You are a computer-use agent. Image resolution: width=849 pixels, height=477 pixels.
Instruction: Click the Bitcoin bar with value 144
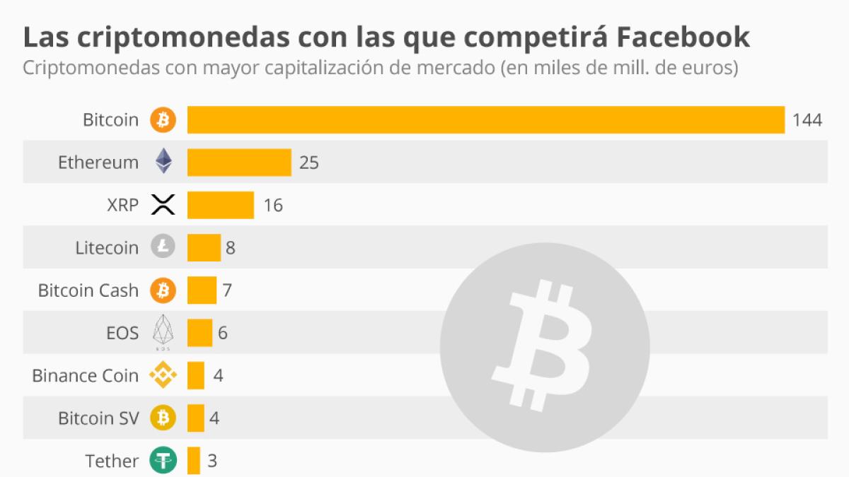click(x=485, y=119)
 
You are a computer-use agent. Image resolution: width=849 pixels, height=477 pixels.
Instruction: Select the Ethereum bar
click(x=239, y=163)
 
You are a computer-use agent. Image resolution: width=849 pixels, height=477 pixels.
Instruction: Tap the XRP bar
click(x=220, y=205)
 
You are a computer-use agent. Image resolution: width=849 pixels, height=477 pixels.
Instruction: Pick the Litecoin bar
click(x=204, y=247)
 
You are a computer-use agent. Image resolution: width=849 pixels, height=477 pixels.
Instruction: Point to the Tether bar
click(x=194, y=461)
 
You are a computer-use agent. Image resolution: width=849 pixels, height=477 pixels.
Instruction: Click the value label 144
click(x=807, y=120)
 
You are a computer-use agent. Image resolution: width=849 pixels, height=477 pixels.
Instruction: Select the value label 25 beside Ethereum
click(x=309, y=163)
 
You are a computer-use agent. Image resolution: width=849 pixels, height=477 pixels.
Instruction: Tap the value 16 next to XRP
click(x=272, y=206)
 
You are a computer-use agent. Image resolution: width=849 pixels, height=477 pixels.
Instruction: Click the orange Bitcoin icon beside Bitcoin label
click(x=163, y=120)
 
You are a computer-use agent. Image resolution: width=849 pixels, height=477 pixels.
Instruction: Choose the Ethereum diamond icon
click(x=163, y=162)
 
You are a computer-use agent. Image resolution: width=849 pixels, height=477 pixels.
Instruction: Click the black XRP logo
click(x=163, y=205)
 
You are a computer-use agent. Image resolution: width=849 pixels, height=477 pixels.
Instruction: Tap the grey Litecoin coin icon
click(x=163, y=247)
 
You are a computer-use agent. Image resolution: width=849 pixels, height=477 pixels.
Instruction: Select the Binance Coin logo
click(x=163, y=375)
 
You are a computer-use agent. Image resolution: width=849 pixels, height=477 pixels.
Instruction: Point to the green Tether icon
click(x=163, y=461)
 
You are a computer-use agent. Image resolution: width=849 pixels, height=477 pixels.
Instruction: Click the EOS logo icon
click(x=163, y=332)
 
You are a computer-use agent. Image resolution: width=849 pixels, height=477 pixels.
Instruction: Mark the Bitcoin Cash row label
click(x=88, y=290)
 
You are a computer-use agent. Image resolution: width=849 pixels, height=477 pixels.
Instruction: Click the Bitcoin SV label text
click(x=98, y=418)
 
